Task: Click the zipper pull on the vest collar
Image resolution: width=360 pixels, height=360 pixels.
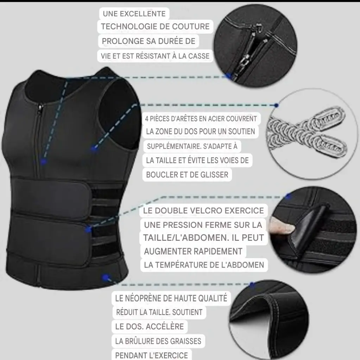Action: [41, 108]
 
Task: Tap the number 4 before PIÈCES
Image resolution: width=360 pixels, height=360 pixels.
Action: [147, 119]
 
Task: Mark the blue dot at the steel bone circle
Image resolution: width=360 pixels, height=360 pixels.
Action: [276, 105]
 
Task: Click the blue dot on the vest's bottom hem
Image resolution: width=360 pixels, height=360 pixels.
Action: [105, 278]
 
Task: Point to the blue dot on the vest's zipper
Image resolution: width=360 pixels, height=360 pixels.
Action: [43, 162]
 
